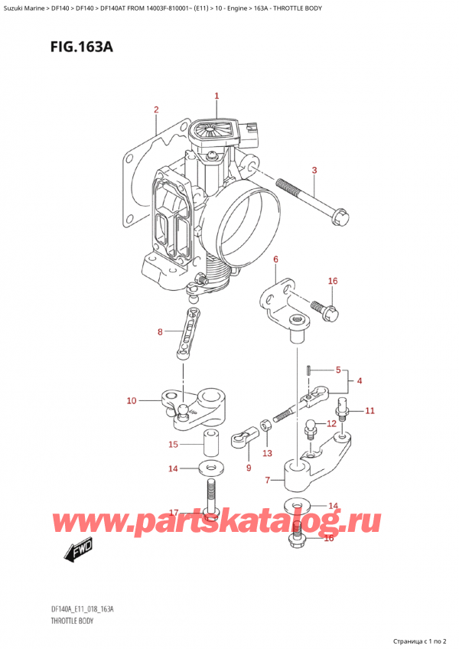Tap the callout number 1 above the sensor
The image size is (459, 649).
(216, 96)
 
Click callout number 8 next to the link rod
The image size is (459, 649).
(159, 331)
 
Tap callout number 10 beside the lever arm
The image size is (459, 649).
(131, 400)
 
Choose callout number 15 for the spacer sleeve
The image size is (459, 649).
(173, 445)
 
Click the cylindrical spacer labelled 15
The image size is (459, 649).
(210, 443)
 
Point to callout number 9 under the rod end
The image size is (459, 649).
(249, 468)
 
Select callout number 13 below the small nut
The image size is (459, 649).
(266, 454)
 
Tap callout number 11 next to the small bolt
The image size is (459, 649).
(369, 411)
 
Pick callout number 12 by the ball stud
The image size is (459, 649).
(330, 423)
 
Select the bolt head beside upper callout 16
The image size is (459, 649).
(319, 310)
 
